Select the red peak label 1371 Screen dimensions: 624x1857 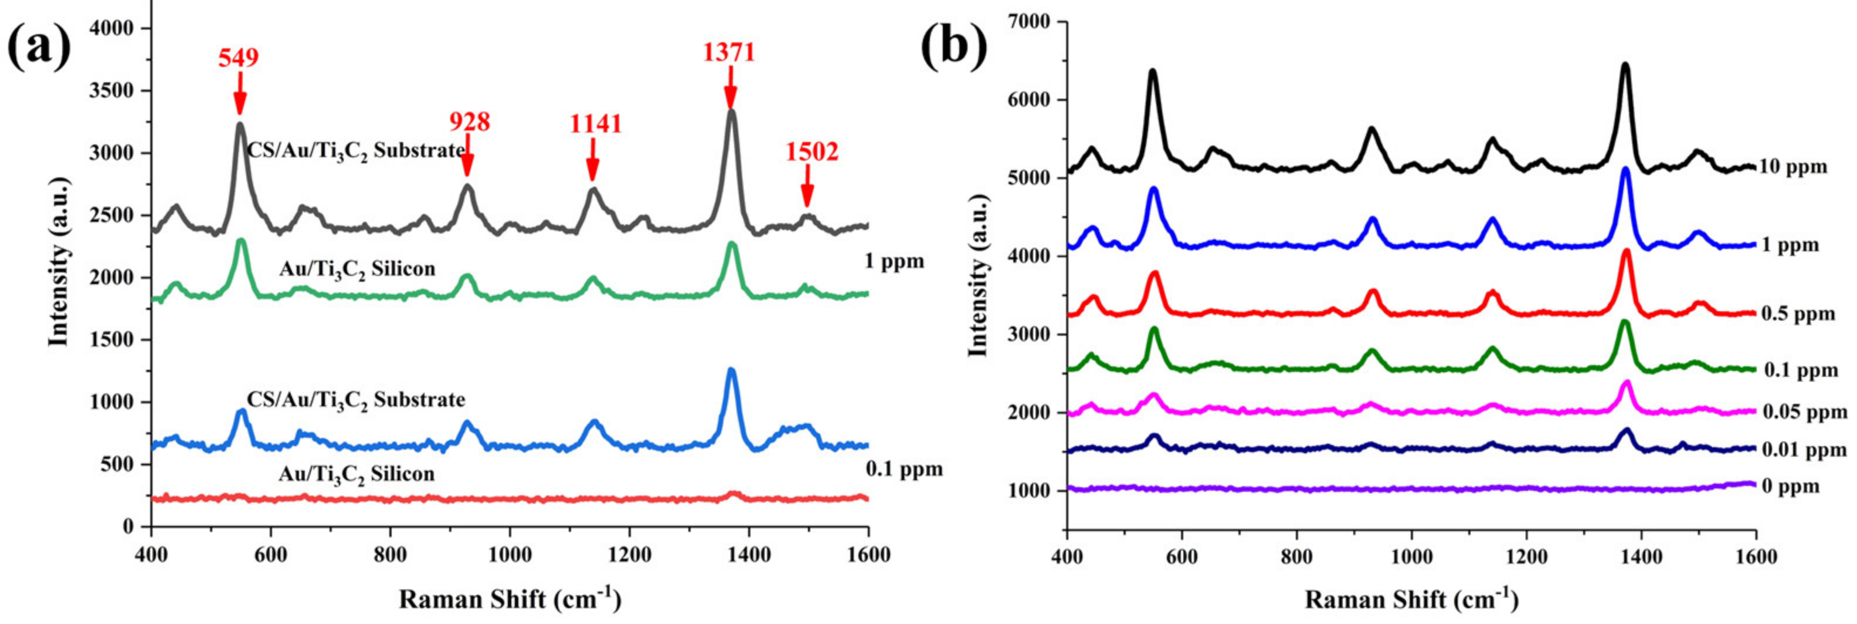729,52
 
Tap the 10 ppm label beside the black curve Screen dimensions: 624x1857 1794,167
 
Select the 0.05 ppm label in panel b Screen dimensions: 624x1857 1805,413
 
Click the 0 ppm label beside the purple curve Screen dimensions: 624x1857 1791,486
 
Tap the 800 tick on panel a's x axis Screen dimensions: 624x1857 390,555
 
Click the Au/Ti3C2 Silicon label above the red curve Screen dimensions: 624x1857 356,474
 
